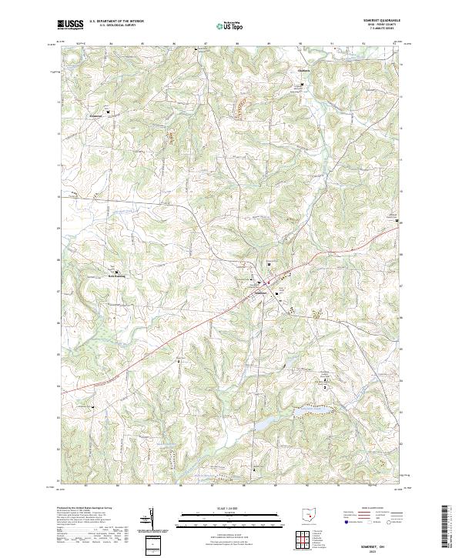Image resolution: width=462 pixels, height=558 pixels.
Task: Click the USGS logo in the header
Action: point(70,24)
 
